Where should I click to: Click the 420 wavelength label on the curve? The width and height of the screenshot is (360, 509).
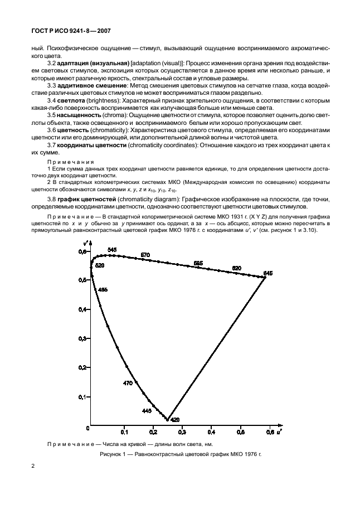tap(174, 419)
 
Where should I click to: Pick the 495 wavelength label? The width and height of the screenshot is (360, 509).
tap(103, 290)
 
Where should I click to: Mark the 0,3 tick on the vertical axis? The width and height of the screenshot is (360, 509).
tap(83, 338)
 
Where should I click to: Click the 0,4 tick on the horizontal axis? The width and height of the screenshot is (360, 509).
tap(211, 432)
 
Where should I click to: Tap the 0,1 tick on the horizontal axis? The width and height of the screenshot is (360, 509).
tap(124, 432)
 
